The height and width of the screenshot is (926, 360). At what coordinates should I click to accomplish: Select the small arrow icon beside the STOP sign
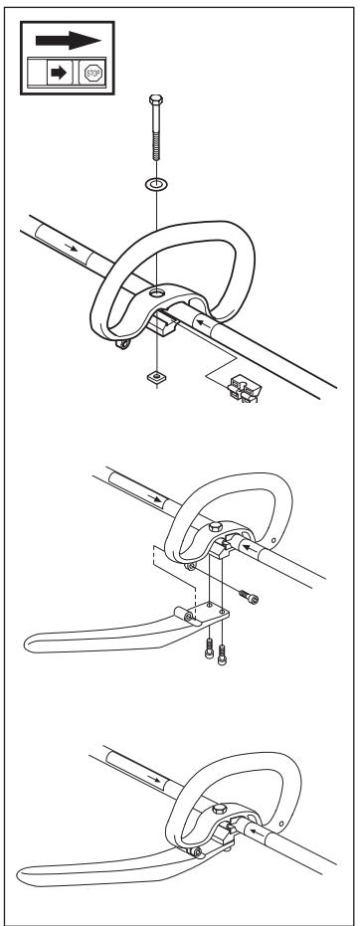[59, 73]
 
